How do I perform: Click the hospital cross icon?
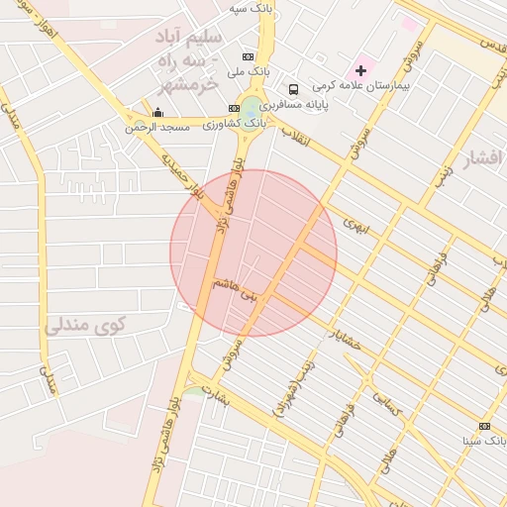click(360, 70)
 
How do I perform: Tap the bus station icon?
click(293, 89)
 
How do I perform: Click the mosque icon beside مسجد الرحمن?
click(157, 113)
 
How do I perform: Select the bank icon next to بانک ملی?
click(248, 56)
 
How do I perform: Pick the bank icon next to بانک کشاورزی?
click(234, 108)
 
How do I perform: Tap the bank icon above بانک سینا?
click(484, 425)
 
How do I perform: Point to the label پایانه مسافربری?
click(330, 104)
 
